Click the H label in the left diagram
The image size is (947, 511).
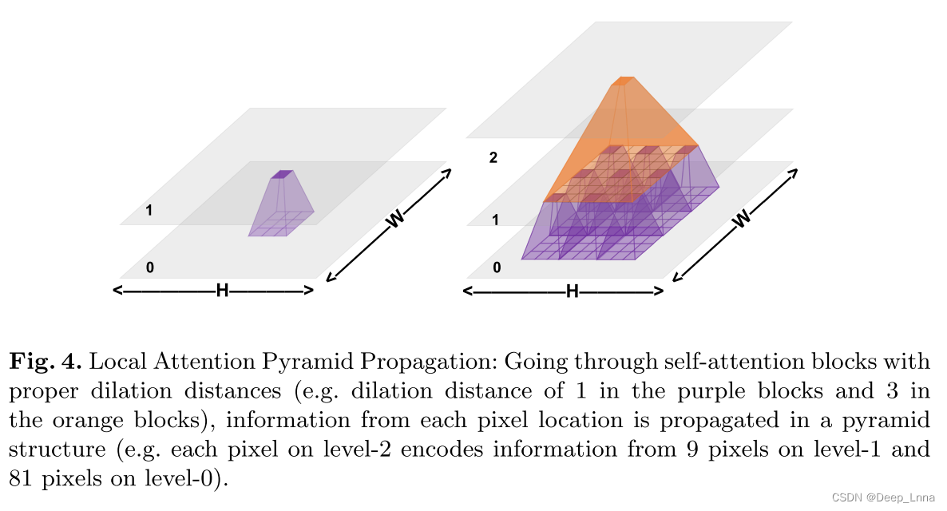(x=223, y=291)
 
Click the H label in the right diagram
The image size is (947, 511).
(x=572, y=291)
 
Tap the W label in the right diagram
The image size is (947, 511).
(x=743, y=218)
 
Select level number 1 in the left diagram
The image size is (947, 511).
(x=149, y=211)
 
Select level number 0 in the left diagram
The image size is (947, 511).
(x=149, y=267)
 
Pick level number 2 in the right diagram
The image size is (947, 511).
(x=493, y=158)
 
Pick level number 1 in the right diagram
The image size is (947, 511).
(x=495, y=220)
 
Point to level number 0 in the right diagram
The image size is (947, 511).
(x=497, y=267)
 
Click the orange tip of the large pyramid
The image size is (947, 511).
(x=622, y=81)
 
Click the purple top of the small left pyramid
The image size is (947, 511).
(x=282, y=174)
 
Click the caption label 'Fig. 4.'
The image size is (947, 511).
(x=45, y=362)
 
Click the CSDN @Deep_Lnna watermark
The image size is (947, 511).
(x=883, y=497)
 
